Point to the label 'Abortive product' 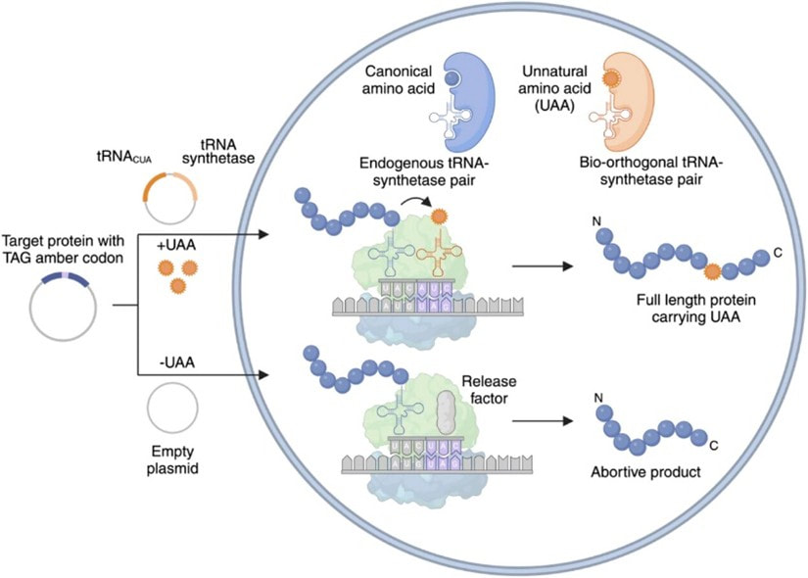click(646, 471)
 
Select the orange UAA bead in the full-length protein click(713, 270)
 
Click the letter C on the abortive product click(713, 446)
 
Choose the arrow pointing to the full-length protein click(545, 264)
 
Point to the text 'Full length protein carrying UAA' click(676, 306)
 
